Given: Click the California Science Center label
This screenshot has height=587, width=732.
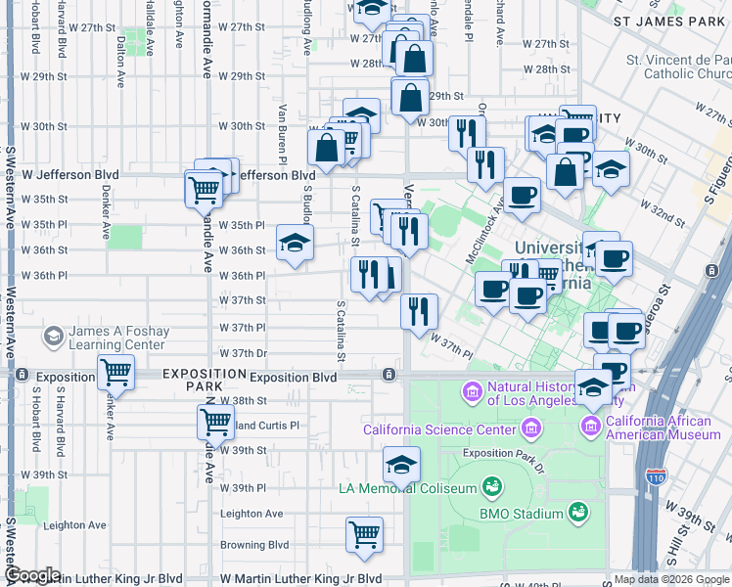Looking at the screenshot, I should tap(439, 429).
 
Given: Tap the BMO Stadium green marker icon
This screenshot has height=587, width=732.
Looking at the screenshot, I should tap(577, 512).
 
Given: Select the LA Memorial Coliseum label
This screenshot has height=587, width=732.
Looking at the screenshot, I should tap(407, 488).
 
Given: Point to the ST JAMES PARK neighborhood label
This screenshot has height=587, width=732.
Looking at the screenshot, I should tap(667, 21).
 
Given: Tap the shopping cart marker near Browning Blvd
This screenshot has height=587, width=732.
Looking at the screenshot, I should tap(364, 535).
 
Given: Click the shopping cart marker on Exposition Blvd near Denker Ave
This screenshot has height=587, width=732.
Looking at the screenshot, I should tap(115, 372).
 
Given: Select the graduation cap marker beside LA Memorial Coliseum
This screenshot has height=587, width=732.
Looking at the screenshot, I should tap(401, 465).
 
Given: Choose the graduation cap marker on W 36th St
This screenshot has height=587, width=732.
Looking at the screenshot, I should tap(295, 244).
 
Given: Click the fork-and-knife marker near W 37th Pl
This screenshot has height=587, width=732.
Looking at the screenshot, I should tap(419, 312).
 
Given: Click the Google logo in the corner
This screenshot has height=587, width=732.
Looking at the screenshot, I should tap(33, 575).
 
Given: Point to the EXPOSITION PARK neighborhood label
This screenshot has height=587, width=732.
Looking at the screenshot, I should tap(205, 374).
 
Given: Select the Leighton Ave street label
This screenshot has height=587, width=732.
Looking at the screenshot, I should tap(252, 514).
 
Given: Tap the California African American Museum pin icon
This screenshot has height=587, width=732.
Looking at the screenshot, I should tap(590, 427).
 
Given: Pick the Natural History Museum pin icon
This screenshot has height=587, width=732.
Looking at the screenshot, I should tap(474, 392).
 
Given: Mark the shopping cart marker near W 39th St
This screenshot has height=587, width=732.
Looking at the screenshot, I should tap(215, 422).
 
